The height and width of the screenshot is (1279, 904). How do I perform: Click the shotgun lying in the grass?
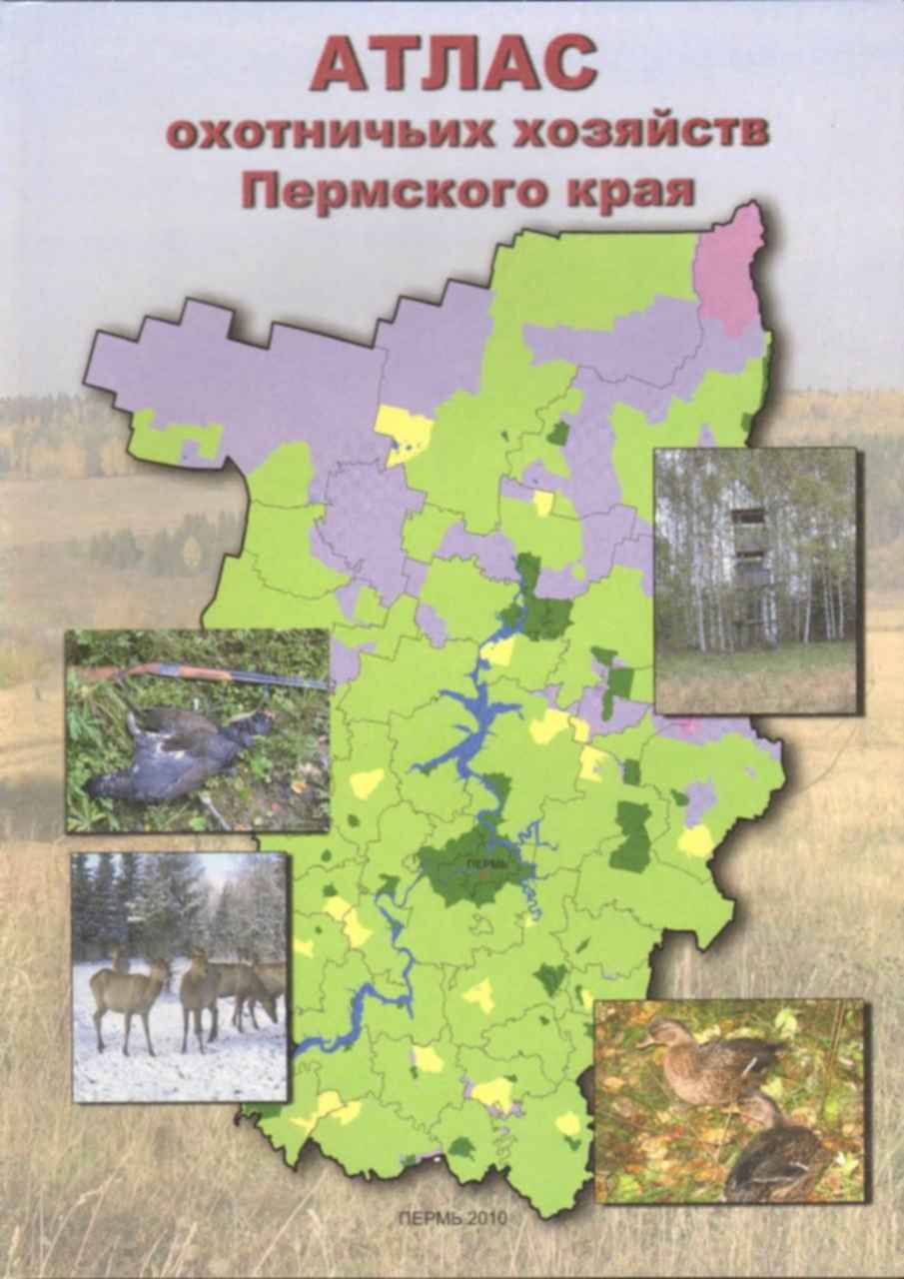200,675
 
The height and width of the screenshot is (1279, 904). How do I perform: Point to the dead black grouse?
170,759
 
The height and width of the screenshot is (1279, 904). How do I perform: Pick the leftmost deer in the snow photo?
125,994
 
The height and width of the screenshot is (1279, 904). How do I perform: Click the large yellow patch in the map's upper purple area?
404,432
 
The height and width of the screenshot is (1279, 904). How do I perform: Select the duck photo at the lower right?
729,1099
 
